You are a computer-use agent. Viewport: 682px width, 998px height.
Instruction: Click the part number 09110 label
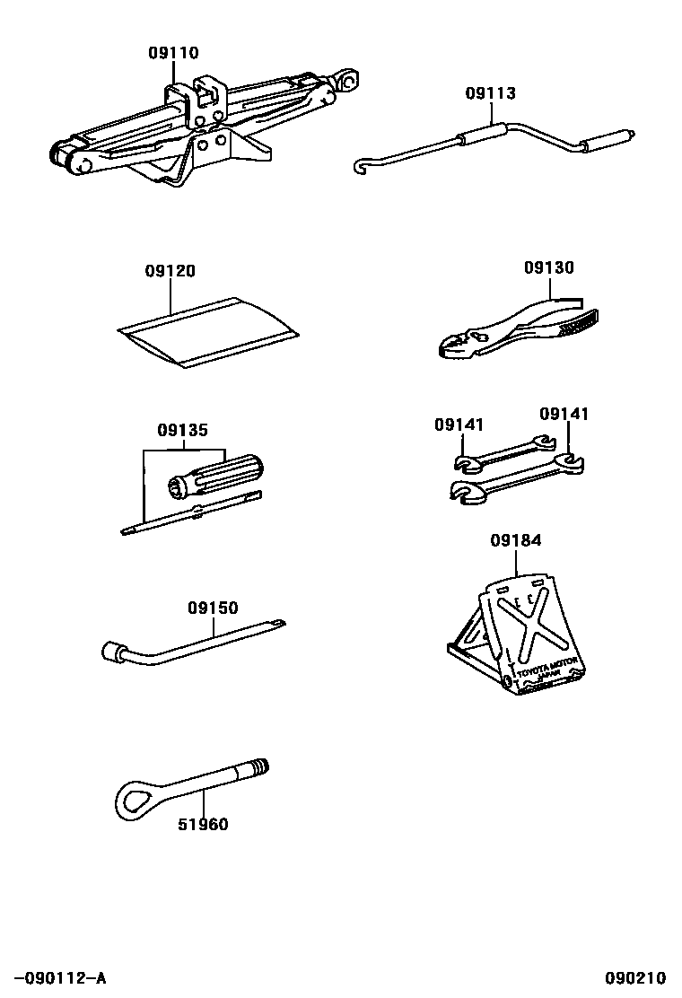click(173, 54)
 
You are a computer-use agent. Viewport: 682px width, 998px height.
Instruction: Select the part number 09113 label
click(490, 93)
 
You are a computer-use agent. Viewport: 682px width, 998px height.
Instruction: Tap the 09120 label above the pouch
click(170, 271)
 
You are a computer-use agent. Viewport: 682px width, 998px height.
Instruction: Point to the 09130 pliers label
click(548, 267)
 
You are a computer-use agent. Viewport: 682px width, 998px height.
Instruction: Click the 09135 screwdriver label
click(182, 430)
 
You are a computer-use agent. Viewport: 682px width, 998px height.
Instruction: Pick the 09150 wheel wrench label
click(213, 608)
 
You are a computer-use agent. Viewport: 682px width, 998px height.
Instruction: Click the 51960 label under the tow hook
click(203, 824)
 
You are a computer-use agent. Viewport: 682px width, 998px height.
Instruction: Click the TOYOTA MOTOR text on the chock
click(550, 670)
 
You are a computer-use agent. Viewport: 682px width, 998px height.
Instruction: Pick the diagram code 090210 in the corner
click(634, 977)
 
